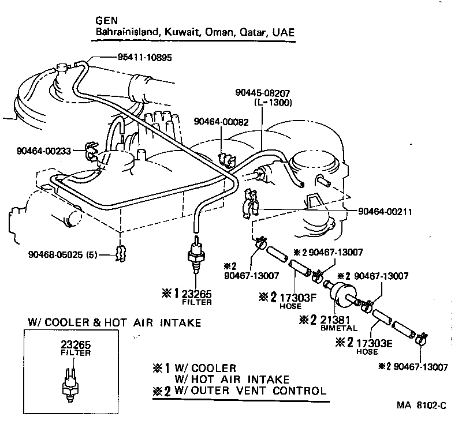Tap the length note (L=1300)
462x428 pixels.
coord(273,102)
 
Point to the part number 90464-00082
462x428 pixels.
coord(221,122)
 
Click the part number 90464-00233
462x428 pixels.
coord(44,151)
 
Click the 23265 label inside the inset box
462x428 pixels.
coord(74,345)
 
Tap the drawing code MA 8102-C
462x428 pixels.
coord(421,405)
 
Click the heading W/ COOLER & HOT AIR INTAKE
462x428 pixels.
coord(114,322)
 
